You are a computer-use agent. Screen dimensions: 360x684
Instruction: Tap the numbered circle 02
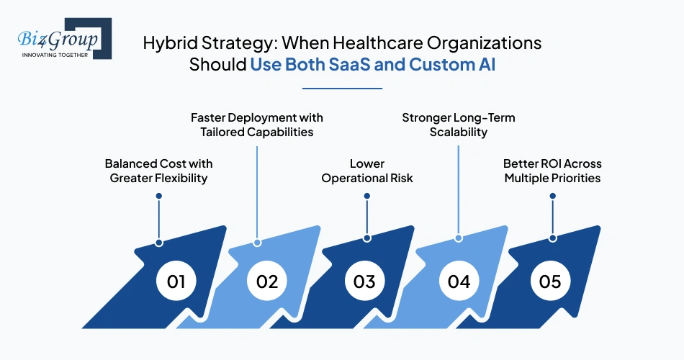(x=267, y=281)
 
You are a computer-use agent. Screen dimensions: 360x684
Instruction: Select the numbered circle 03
(x=364, y=281)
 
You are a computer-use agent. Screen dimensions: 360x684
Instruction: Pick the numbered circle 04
(x=459, y=281)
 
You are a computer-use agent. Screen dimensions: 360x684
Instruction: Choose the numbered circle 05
(x=550, y=281)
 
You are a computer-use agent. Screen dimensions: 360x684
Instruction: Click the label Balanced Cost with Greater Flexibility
(x=158, y=171)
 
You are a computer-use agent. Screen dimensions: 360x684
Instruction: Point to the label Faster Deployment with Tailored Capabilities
(x=257, y=124)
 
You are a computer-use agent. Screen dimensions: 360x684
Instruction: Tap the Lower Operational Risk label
(x=367, y=171)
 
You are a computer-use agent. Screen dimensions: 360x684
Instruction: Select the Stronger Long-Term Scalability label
(x=459, y=124)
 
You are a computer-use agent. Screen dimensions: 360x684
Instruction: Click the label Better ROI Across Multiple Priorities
(x=552, y=171)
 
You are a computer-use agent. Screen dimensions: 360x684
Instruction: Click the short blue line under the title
(x=342, y=89)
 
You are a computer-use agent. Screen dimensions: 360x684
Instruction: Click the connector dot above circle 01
(x=158, y=243)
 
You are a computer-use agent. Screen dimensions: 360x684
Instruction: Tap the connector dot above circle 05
(x=552, y=238)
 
